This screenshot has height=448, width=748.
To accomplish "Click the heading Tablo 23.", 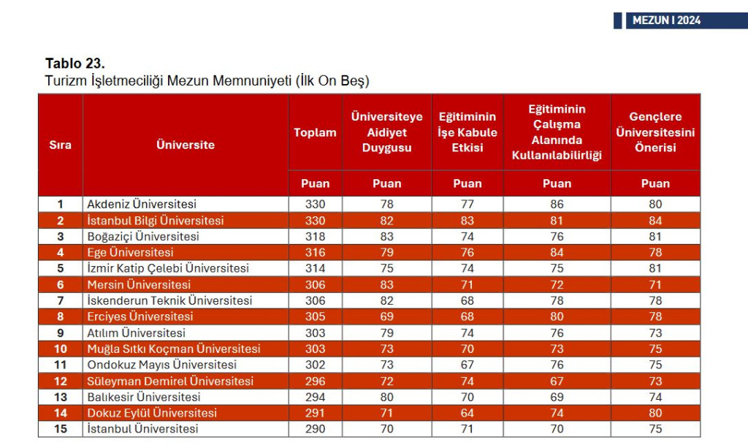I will coord(75,64).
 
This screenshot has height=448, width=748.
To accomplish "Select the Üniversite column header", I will coord(186,145).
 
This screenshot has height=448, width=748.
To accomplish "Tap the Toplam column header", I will coord(315,132).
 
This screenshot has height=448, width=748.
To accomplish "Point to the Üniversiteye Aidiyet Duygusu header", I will coord(386,132).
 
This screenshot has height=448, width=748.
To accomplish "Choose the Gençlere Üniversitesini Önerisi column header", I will coord(654,132).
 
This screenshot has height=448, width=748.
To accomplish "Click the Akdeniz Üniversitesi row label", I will coord(142,205).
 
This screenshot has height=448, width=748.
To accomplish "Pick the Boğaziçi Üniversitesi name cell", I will coord(143,237).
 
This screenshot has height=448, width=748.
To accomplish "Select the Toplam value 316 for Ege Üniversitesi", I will coord(315,253).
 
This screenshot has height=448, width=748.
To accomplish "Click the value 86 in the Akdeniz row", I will coord(557,205).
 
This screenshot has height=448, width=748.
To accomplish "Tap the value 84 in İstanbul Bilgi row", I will coord(654,221).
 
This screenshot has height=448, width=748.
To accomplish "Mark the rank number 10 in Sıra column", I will coord(61,349).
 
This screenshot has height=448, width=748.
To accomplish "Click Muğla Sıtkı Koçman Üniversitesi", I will coord(174,349).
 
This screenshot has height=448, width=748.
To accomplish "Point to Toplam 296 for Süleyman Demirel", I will coord(315,381).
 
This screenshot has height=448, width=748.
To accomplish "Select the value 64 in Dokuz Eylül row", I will coord(467,414).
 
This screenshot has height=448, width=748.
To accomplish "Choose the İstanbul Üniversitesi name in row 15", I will coord(142,430).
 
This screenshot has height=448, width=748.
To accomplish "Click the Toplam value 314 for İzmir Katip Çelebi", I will coord(315,269).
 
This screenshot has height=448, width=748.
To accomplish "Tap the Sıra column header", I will coord(61,145).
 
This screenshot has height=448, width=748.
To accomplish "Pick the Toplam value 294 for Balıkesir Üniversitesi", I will coord(315,398).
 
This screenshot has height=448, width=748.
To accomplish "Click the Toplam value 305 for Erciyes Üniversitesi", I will coord(315,317).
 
